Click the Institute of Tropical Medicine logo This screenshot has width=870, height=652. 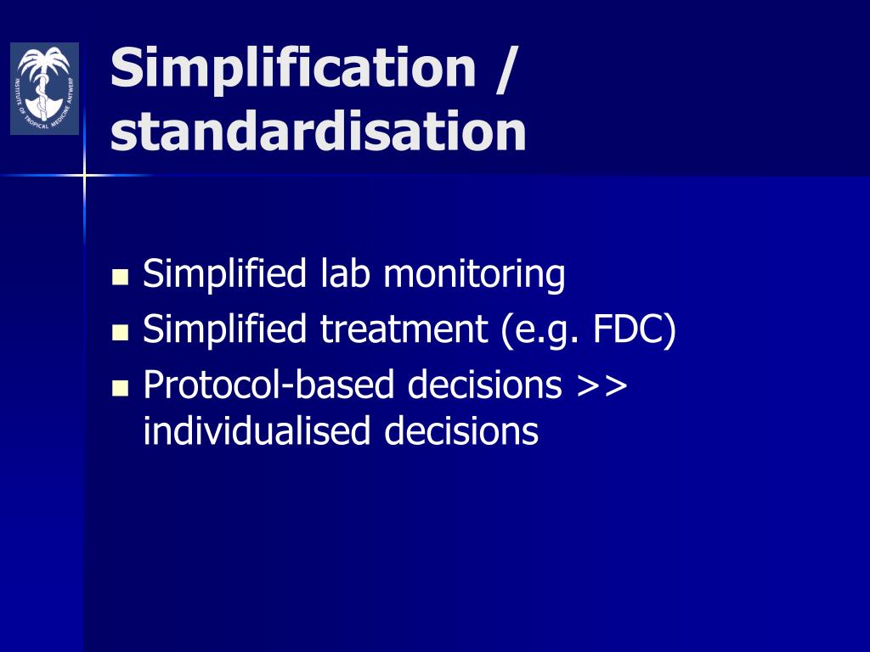[x=44, y=89]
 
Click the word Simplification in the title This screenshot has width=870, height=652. [x=293, y=68]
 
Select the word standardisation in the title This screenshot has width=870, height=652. [x=318, y=132]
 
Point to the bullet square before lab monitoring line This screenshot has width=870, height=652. [x=120, y=278]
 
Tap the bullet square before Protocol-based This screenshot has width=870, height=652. [x=120, y=388]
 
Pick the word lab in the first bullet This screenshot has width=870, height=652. [x=345, y=274]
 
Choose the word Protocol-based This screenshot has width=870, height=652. [x=270, y=385]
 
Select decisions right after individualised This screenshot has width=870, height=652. [x=461, y=430]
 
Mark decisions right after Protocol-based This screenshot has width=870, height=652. [x=484, y=385]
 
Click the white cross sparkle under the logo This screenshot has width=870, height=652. [x=85, y=176]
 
